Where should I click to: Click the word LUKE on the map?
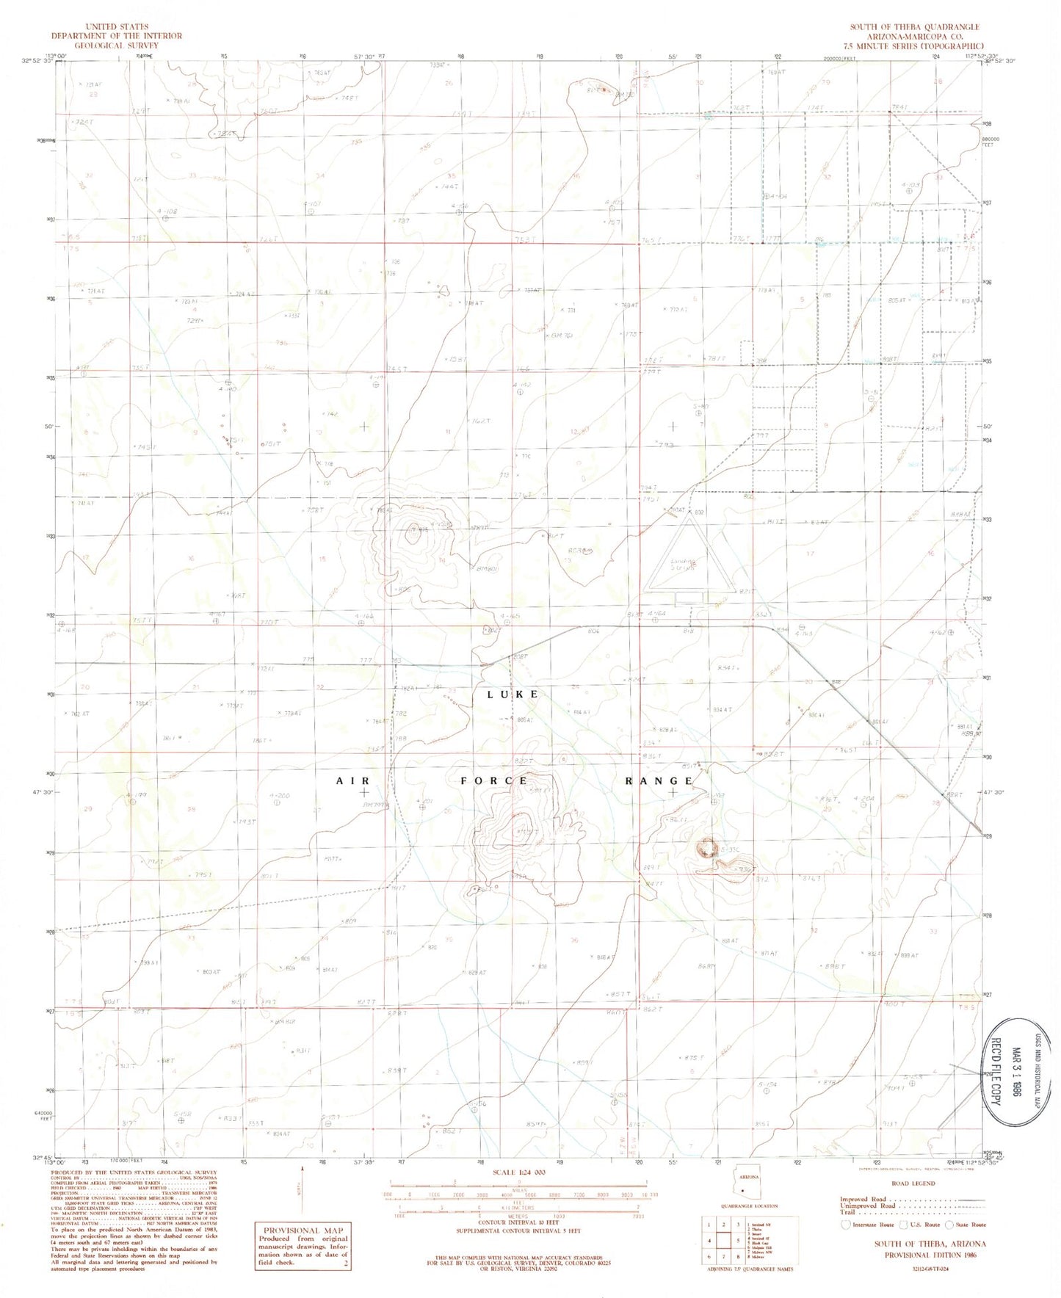(x=513, y=694)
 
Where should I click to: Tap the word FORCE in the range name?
(x=493, y=780)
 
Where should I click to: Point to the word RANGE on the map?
(x=659, y=780)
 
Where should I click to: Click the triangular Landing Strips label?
(x=683, y=566)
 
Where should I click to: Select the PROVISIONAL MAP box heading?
(x=302, y=1230)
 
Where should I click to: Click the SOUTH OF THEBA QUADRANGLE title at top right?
(x=914, y=27)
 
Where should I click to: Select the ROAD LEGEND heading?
(x=913, y=1183)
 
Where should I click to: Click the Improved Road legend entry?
(x=864, y=1199)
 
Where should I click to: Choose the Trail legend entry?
(x=848, y=1212)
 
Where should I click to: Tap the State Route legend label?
(x=971, y=1225)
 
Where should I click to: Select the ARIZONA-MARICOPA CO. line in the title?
(x=914, y=36)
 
